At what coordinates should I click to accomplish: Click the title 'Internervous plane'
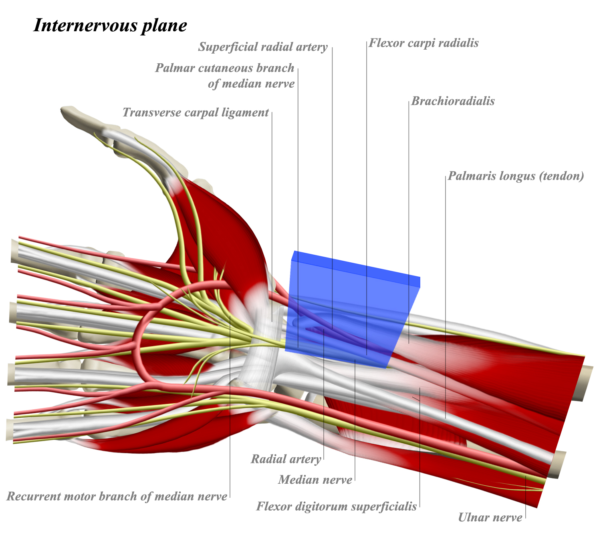pyautogui.click(x=110, y=25)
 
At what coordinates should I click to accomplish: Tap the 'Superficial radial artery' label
pyautogui.click(x=263, y=47)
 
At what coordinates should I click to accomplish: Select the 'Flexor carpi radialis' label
pyautogui.click(x=424, y=43)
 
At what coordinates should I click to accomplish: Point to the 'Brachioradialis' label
pyautogui.click(x=453, y=101)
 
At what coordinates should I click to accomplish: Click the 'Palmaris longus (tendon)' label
pyautogui.click(x=516, y=176)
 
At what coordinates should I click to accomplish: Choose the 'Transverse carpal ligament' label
pyautogui.click(x=196, y=113)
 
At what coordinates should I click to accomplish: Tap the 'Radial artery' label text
pyautogui.click(x=286, y=459)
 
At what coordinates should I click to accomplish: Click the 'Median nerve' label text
pyautogui.click(x=315, y=480)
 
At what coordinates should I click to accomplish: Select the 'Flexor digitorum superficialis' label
pyautogui.click(x=337, y=507)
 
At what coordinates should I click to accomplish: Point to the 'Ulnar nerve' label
pyautogui.click(x=490, y=518)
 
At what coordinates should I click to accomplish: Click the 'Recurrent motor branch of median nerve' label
pyautogui.click(x=117, y=497)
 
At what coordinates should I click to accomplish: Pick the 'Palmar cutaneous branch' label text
pyautogui.click(x=225, y=68)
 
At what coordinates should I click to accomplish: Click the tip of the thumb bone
pyautogui.click(x=66, y=111)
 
